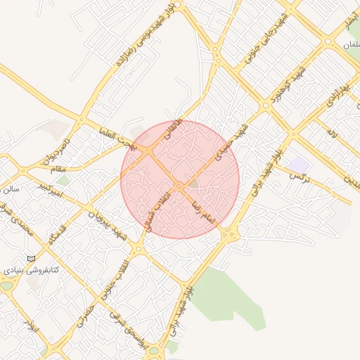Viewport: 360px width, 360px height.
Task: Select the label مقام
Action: pos(59,168)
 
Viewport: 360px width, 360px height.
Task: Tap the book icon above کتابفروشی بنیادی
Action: pos(30,258)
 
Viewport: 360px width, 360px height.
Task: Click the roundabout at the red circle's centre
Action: pos(180,186)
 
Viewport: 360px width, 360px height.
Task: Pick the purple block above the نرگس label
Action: pos(300,164)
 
